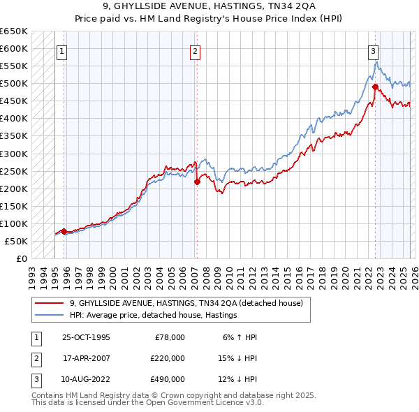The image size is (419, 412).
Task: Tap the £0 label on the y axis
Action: [21, 258]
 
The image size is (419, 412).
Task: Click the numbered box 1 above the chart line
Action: [61, 51]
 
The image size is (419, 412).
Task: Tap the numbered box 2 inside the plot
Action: [195, 51]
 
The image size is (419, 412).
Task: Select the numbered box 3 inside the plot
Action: [374, 51]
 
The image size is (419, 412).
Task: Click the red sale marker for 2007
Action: [197, 182]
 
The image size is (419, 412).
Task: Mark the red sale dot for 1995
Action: [64, 231]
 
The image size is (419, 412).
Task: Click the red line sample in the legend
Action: [49, 304]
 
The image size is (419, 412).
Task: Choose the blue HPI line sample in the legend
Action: [49, 316]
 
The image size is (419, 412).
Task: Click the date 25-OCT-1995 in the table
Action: [86, 337]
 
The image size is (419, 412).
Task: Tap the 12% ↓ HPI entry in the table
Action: [237, 379]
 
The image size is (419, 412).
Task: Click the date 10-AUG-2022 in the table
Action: [86, 379]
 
